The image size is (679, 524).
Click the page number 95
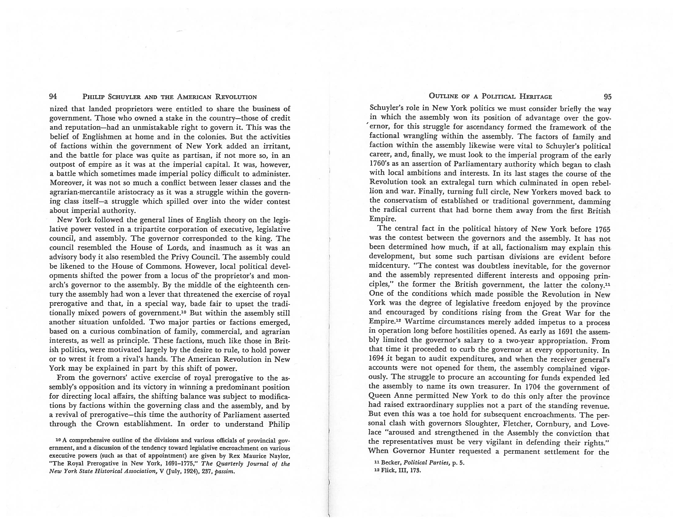pyautogui.click(x=607, y=97)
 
